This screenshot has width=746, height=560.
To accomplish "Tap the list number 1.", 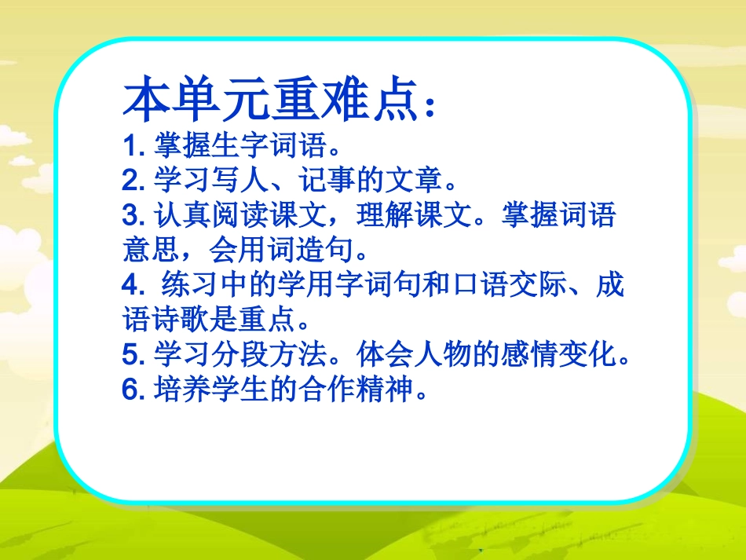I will pyautogui.click(x=130, y=147).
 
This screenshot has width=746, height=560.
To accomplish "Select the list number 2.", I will pyautogui.click(x=130, y=181).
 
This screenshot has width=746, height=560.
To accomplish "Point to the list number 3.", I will pyautogui.click(x=130, y=216).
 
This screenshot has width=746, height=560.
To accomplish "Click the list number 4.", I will pyautogui.click(x=130, y=285).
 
